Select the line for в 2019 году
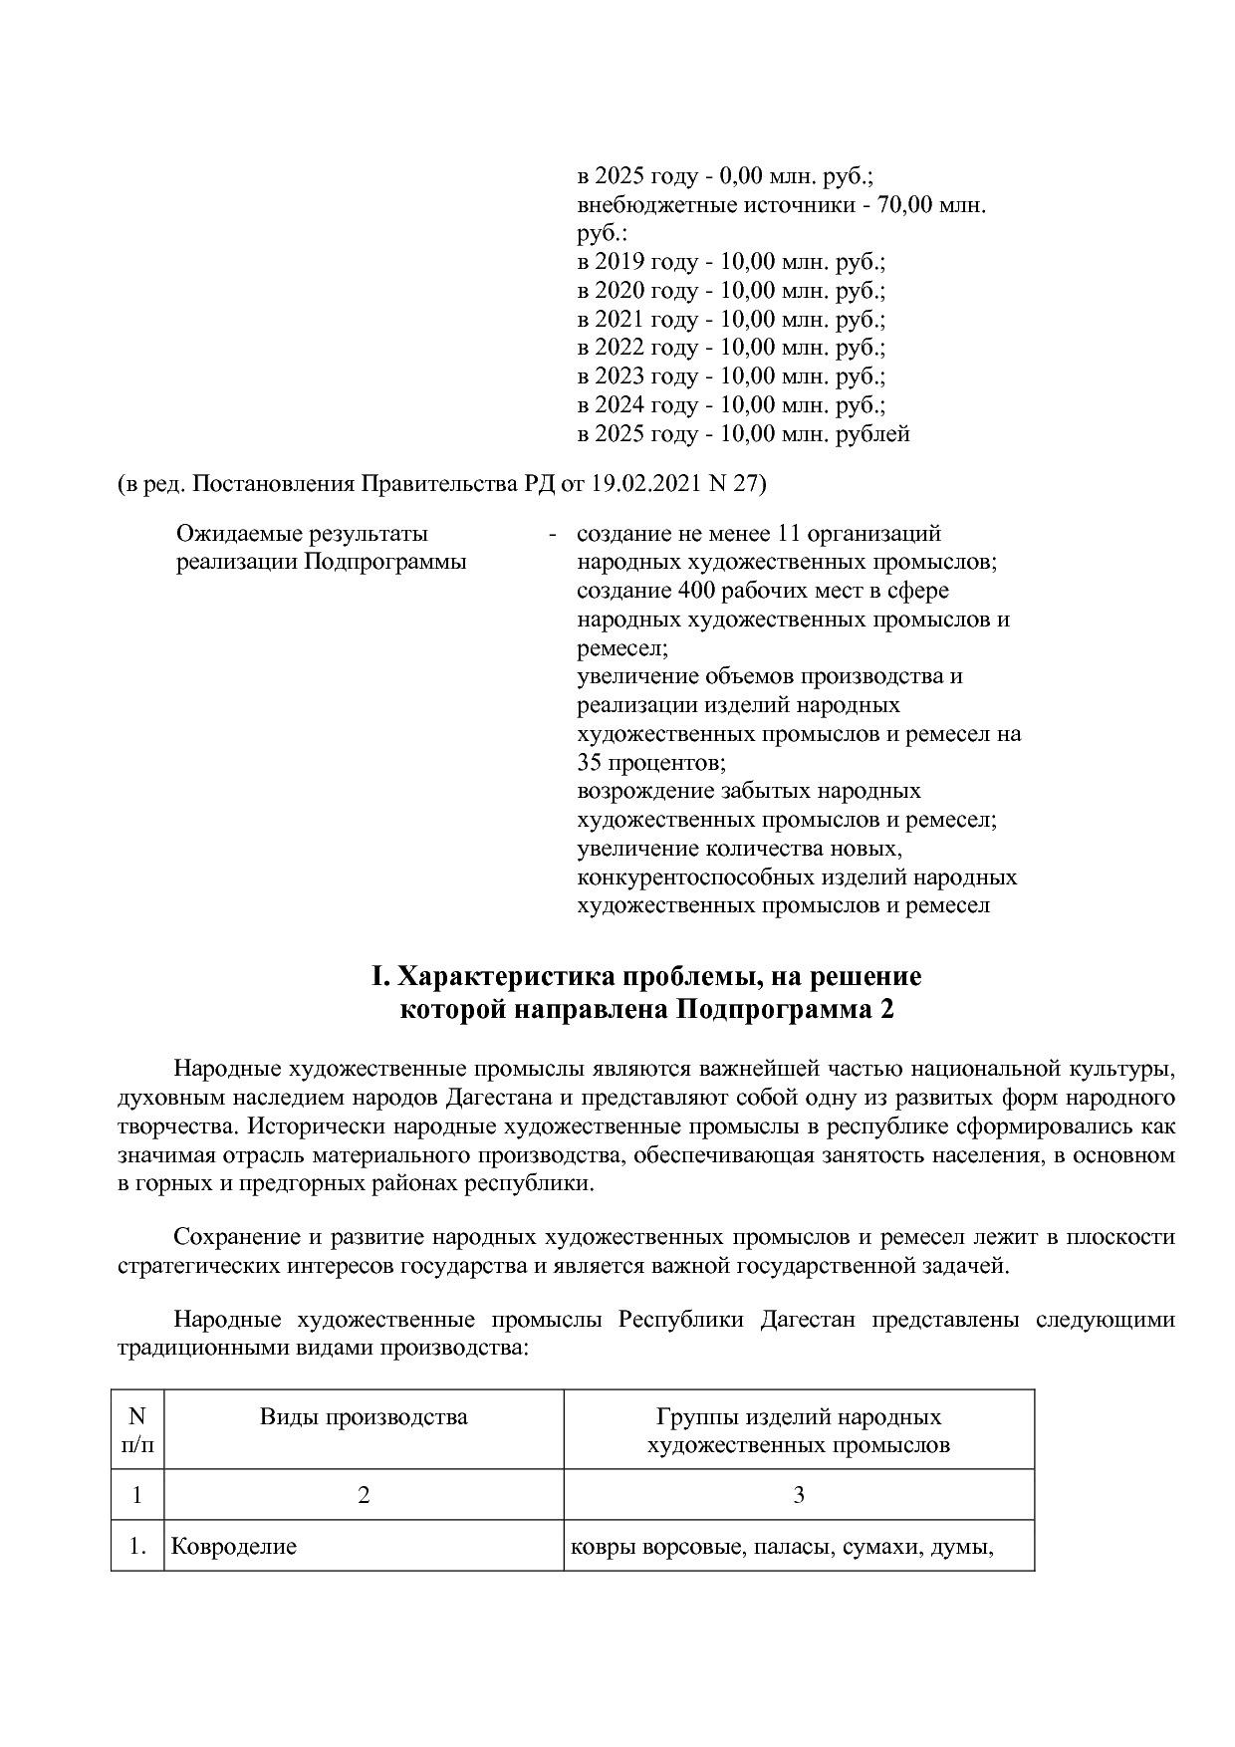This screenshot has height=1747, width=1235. [x=730, y=262]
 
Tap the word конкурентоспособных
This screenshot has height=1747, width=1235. [x=694, y=877]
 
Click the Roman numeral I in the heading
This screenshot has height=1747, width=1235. [x=377, y=976]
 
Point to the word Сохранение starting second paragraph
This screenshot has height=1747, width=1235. [x=236, y=1237]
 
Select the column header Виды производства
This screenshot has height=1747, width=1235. [x=364, y=1416]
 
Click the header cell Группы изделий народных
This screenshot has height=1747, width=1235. [x=798, y=1416]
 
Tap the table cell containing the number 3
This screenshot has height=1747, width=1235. [x=798, y=1494]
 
